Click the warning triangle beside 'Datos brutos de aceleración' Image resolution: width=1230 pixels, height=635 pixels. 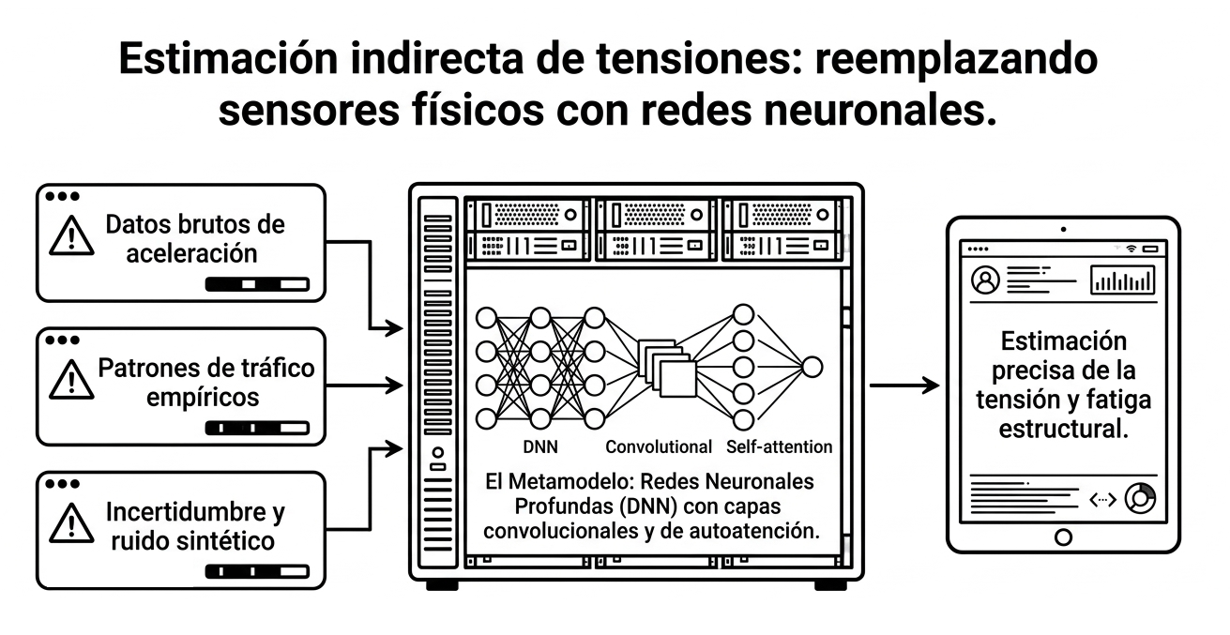[x=71, y=236]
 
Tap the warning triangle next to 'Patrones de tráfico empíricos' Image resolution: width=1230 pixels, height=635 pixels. [x=71, y=380]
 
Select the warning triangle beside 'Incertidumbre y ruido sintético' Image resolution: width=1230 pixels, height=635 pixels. [x=71, y=523]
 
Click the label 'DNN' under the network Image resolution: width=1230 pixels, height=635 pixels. [x=540, y=446]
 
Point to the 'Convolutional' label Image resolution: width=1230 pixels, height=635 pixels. [x=659, y=446]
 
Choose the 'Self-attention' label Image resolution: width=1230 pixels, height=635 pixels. [x=779, y=446]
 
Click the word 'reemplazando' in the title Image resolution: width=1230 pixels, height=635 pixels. [x=956, y=60]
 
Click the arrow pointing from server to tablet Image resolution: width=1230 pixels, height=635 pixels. [x=904, y=386]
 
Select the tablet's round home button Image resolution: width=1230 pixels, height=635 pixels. [x=1064, y=537]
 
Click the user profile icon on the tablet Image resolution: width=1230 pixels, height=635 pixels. [x=986, y=280]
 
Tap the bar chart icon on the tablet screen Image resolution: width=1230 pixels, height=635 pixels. [x=1122, y=280]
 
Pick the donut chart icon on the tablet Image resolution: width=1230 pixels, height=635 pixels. [x=1141, y=498]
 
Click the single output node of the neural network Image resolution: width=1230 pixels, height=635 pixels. [x=812, y=367]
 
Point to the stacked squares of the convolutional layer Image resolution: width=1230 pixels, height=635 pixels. [x=667, y=368]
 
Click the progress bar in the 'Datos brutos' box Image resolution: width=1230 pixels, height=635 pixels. [x=257, y=284]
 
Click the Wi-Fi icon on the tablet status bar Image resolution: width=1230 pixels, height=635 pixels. [x=1131, y=249]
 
